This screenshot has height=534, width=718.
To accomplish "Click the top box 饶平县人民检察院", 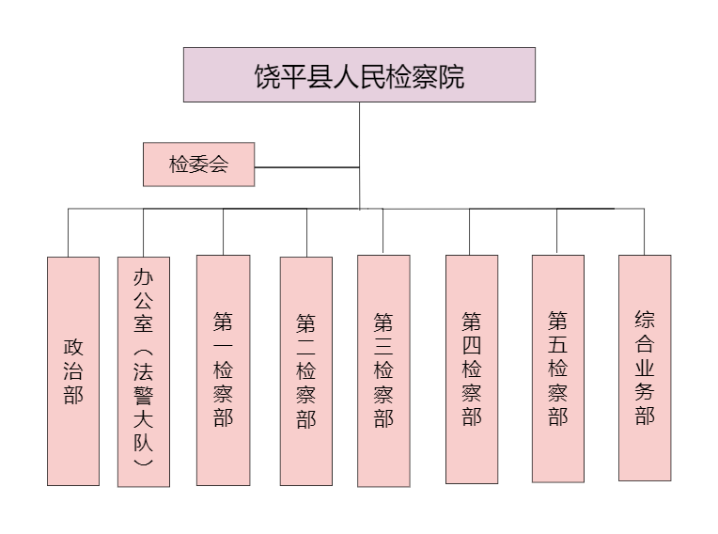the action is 359,74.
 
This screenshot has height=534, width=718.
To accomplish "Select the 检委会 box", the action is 198,165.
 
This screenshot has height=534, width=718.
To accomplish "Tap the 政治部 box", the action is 73,371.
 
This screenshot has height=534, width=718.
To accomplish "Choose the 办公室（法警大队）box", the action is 144,371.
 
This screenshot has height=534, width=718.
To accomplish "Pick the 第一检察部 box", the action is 224,370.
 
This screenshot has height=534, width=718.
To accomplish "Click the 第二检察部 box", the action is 306,371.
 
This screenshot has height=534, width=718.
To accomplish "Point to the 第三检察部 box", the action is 383,370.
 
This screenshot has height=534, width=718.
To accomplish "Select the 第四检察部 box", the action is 472,369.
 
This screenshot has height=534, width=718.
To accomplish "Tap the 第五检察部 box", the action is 558,369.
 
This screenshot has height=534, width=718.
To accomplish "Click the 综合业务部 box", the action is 645,368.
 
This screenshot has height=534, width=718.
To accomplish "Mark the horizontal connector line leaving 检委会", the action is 306,167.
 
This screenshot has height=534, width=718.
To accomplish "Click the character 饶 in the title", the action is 267,76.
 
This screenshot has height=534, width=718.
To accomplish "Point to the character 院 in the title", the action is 452,76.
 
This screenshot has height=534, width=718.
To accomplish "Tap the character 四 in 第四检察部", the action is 472,345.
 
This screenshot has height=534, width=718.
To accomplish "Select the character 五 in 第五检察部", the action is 558,344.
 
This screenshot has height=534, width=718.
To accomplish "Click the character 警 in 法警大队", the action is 144,395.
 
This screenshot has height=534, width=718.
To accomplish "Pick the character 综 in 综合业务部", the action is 645,320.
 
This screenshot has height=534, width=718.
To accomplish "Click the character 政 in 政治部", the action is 73,347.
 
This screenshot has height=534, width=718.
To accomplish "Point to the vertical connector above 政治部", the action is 69,232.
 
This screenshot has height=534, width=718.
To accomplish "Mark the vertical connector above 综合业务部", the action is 645,231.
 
